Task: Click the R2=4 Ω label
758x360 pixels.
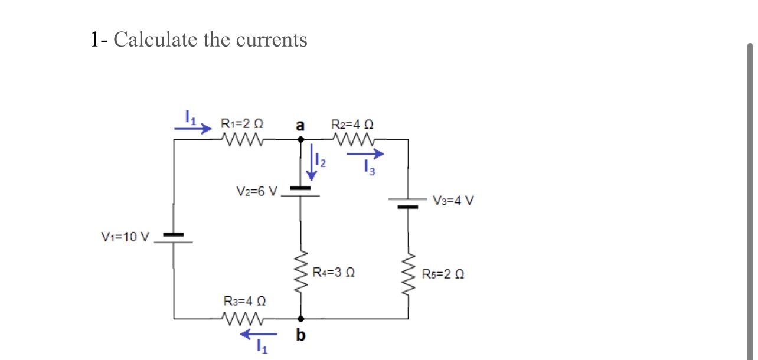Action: pyautogui.click(x=352, y=124)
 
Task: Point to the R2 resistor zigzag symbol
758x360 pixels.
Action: pyautogui.click(x=353, y=140)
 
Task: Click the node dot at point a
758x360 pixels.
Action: pyautogui.click(x=300, y=140)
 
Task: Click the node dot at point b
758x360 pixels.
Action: pyautogui.click(x=300, y=318)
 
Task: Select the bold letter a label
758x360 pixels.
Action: pyautogui.click(x=300, y=125)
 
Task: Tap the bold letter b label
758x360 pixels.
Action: pyautogui.click(x=300, y=336)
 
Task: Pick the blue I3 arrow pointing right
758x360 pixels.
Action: pyautogui.click(x=365, y=155)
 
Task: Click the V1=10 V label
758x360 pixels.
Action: pyautogui.click(x=125, y=237)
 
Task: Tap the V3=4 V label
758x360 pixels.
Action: pyautogui.click(x=453, y=200)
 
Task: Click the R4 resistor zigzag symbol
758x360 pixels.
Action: pyautogui.click(x=301, y=273)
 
